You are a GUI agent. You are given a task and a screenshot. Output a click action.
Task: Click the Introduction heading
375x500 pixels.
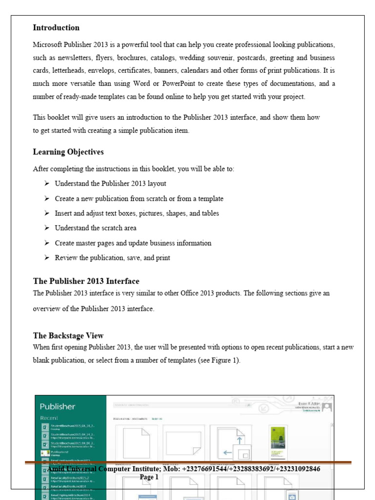pyautogui.click(x=56, y=28)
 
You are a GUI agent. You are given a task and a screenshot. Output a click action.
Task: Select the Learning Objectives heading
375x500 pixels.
pyautogui.click(x=68, y=152)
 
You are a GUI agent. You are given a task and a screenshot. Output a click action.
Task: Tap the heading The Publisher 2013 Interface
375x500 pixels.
pyautogui.click(x=86, y=281)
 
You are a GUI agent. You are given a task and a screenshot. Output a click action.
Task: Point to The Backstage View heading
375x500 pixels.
pyautogui.click(x=68, y=336)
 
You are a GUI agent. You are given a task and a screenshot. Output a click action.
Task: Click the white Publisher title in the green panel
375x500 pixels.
pyautogui.click(x=58, y=406)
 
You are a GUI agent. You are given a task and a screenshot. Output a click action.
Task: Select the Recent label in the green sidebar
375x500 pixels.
pyautogui.click(x=49, y=418)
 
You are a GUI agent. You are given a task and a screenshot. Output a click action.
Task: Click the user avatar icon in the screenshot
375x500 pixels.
pyautogui.click(x=328, y=406)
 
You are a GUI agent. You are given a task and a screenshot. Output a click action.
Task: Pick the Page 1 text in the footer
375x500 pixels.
pyautogui.click(x=149, y=477)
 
